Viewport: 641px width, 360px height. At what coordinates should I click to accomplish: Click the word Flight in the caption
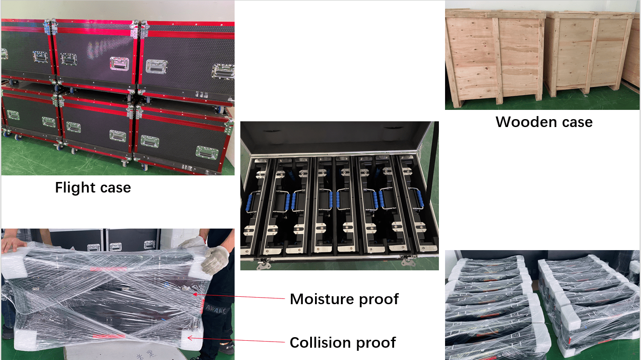(x=72, y=188)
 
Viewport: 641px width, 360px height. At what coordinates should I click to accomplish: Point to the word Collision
(x=320, y=342)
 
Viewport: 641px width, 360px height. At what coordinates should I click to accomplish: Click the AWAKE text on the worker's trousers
(x=216, y=309)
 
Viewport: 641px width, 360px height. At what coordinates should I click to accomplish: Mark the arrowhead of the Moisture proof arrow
(x=195, y=295)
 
